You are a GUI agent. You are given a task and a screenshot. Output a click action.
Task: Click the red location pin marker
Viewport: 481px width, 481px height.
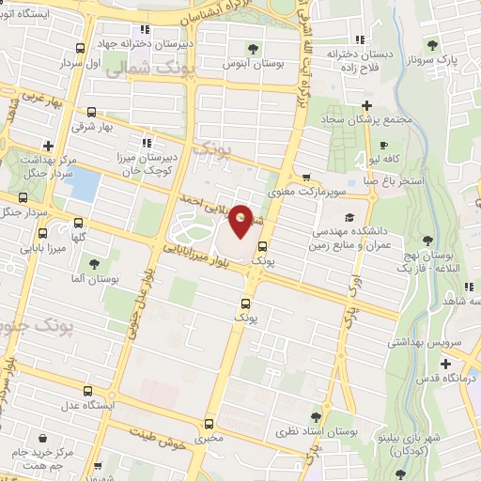coord(241,220)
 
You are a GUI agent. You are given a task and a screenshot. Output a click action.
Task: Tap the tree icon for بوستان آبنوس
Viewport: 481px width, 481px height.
coord(251,47)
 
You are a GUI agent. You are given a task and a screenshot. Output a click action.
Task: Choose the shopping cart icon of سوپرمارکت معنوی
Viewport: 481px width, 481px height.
coord(305,177)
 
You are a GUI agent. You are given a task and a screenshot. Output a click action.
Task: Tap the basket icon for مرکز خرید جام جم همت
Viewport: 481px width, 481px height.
coord(42,438)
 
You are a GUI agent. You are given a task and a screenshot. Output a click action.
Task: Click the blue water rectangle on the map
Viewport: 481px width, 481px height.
coord(84,184)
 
